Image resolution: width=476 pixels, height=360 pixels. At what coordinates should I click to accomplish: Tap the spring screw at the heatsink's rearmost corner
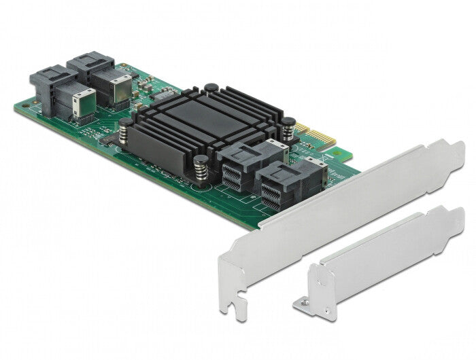point(211,88)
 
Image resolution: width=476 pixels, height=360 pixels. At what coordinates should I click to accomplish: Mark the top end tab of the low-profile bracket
point(452,218)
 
